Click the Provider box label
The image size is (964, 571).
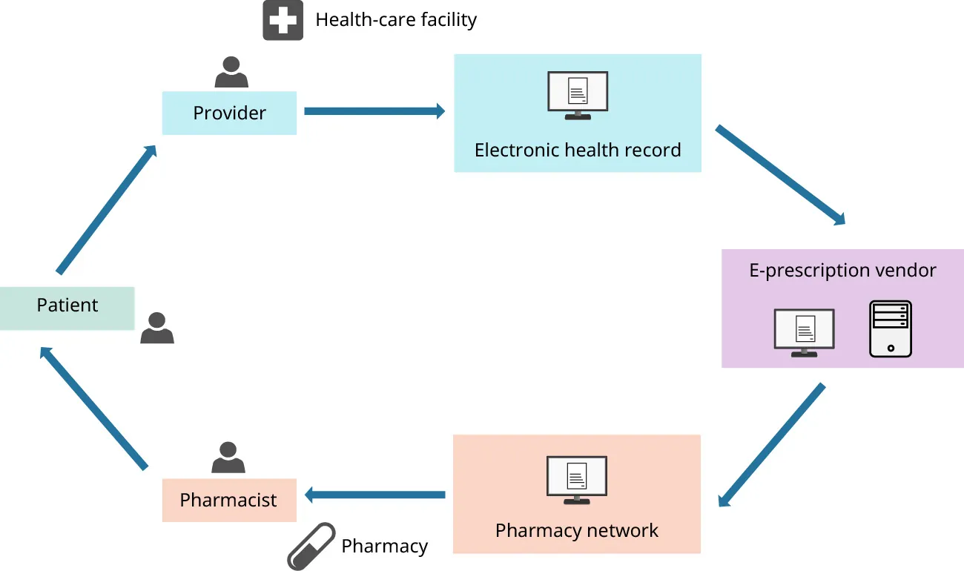click(x=229, y=113)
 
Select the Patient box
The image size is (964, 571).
click(x=67, y=306)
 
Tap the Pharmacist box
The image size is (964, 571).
click(x=228, y=501)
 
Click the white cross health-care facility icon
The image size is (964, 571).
click(x=283, y=20)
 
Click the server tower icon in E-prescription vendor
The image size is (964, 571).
click(x=890, y=329)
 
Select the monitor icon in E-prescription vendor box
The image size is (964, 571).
click(x=804, y=332)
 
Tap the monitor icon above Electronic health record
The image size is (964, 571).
click(x=578, y=95)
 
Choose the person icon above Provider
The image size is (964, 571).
click(x=231, y=73)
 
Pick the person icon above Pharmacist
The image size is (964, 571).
click(x=228, y=458)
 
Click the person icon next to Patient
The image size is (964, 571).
click(x=157, y=328)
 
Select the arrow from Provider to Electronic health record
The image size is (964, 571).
click(x=374, y=111)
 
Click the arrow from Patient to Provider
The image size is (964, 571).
click(x=107, y=209)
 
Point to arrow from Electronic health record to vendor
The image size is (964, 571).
click(x=780, y=176)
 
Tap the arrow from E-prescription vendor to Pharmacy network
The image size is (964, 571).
click(x=771, y=446)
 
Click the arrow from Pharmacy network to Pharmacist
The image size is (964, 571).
click(x=374, y=495)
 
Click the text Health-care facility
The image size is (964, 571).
click(x=396, y=19)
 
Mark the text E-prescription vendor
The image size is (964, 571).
click(x=842, y=271)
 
